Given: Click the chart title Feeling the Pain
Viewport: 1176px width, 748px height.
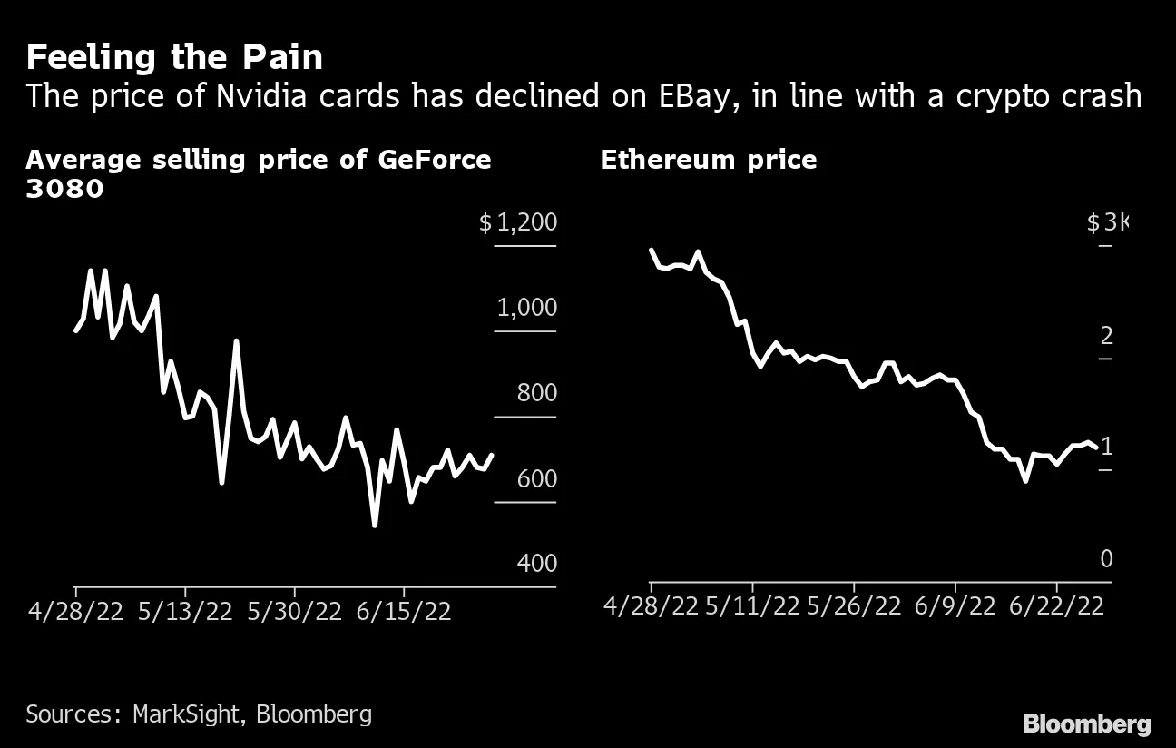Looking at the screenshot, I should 174,57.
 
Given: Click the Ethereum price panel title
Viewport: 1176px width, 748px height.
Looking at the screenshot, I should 708,161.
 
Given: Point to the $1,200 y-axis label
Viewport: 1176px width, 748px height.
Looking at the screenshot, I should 517,222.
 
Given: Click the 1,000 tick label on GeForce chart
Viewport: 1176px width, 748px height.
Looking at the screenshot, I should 526,308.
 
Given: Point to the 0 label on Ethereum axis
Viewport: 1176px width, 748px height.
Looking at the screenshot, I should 1105,559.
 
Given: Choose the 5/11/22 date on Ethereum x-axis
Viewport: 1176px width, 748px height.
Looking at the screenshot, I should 752,605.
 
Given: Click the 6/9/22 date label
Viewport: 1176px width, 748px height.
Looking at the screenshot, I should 955,605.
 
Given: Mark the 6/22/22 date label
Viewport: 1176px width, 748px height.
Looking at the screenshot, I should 1055,605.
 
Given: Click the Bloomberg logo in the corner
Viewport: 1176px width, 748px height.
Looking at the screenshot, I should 1086,723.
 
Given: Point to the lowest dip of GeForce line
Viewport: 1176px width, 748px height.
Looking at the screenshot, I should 375,525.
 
